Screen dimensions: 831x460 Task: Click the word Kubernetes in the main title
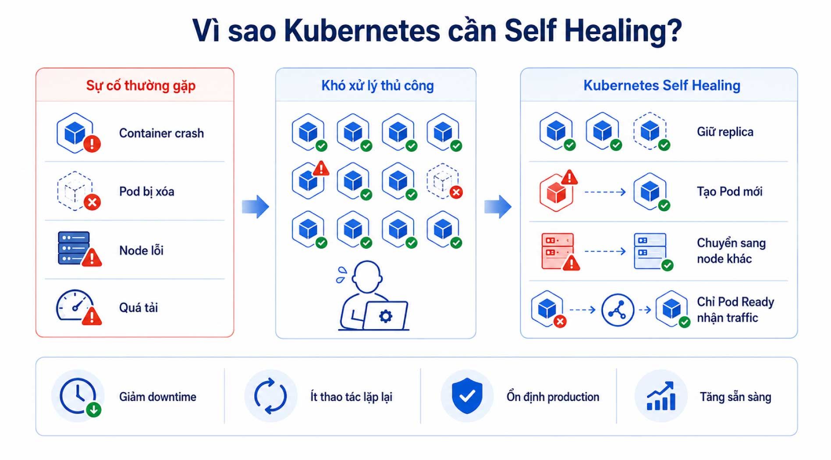point(362,30)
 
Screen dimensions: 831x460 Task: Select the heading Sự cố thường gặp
point(141,85)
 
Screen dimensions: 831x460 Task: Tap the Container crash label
point(161,133)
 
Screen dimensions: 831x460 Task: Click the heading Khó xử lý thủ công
point(377,85)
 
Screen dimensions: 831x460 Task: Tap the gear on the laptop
point(385,315)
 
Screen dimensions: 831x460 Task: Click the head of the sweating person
point(367,276)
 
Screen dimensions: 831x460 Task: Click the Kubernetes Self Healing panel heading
point(661,85)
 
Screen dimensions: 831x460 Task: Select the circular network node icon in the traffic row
point(618,310)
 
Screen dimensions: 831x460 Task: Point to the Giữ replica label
point(725,132)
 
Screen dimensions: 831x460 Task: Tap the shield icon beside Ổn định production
point(467,396)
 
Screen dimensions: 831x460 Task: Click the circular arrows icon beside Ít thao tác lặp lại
point(270,396)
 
